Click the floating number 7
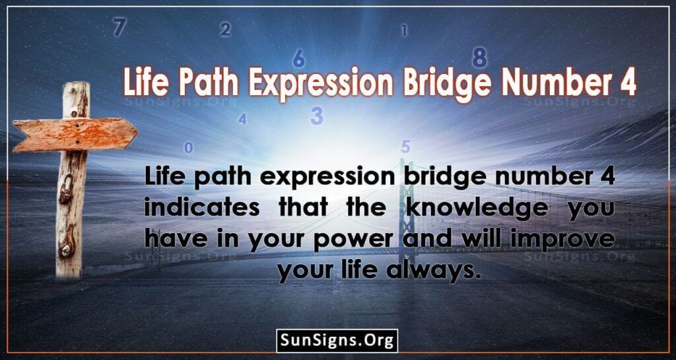pyautogui.click(x=119, y=27)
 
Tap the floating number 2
pyautogui.click(x=225, y=30)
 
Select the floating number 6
pyautogui.click(x=299, y=58)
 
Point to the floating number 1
pyautogui.click(x=404, y=30)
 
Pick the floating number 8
pyautogui.click(x=479, y=57)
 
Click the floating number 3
pyautogui.click(x=317, y=116)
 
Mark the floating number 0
pyautogui.click(x=188, y=148)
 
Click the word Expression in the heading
pyautogui.click(x=321, y=83)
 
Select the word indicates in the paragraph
pyautogui.click(x=202, y=209)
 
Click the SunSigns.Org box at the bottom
pyautogui.click(x=337, y=341)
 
